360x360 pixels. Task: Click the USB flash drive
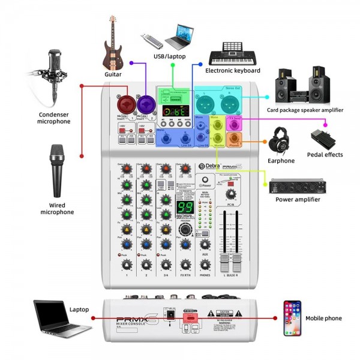[x=151, y=41]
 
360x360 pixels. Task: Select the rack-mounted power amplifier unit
[x=301, y=186]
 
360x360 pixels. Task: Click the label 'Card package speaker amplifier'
[x=305, y=110]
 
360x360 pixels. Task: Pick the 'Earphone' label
[x=281, y=161]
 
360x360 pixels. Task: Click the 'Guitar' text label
[x=113, y=74]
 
